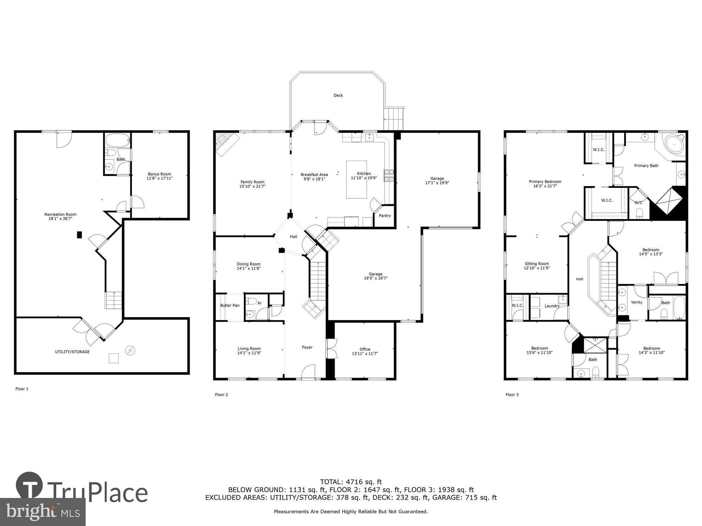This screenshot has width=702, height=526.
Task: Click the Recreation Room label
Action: pos(60,214)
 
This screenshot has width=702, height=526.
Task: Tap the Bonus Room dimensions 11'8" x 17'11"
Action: pos(160,178)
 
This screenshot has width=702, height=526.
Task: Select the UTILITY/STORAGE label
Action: pos(72,352)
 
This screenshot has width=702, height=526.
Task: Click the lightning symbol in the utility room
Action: pos(130,350)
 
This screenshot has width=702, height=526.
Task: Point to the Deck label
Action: pos(338,95)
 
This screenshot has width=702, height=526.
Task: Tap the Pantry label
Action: pos(385,216)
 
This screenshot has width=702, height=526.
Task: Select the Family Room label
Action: pos(252,182)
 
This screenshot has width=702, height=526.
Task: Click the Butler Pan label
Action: pos(230,305)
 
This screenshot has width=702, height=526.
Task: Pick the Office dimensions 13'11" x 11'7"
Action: pos(365,353)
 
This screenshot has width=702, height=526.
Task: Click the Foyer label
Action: pos(307,347)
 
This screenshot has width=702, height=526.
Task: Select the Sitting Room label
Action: pos(537,264)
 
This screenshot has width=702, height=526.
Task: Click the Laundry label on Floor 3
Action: pos(552,306)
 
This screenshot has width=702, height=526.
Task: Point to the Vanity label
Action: pos(636,302)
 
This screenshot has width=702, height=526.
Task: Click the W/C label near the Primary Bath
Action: pos(638,203)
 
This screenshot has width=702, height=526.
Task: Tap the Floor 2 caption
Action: pos(221,394)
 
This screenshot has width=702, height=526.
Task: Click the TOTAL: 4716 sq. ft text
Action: pos(351,482)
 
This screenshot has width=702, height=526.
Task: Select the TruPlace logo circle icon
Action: pos(29,486)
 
